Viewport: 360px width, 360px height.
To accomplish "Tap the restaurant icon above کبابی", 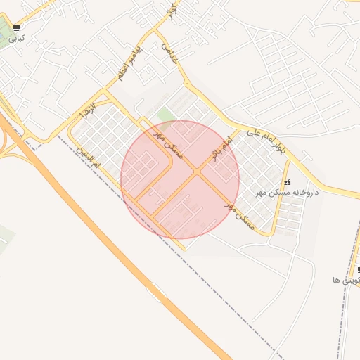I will click(17, 28).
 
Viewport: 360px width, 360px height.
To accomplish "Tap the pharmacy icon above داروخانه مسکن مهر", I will click(286, 182).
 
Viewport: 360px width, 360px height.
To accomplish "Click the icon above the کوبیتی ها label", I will click(359, 270).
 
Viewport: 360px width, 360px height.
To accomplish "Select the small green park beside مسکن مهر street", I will click(166, 115).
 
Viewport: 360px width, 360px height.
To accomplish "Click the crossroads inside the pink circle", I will click(197, 171).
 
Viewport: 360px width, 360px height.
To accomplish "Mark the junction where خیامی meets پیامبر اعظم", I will click(155, 32).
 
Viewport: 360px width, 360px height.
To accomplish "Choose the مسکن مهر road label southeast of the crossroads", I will click(238, 215).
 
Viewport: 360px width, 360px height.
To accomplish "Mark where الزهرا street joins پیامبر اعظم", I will click(105, 91).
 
